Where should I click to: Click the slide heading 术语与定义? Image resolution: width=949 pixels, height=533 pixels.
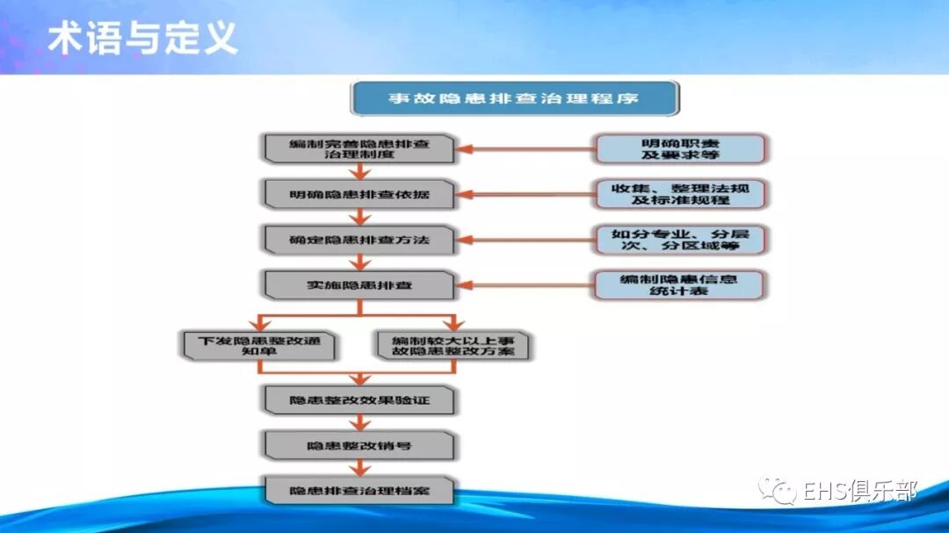coord(141,38)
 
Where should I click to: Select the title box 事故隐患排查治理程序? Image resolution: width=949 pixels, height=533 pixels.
coord(514,98)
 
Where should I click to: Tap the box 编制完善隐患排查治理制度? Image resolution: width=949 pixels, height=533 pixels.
coord(359,148)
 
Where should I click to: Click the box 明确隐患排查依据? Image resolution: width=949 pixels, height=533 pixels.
coord(359,194)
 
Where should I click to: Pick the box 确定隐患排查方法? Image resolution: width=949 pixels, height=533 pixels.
coord(359,240)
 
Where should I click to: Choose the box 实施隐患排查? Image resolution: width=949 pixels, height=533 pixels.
coord(359,285)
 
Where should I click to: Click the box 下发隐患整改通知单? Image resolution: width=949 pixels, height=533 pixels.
coord(258,345)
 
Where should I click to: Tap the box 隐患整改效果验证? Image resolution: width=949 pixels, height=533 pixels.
coord(359,400)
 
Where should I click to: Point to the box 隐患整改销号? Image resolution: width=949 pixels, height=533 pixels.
coord(359,446)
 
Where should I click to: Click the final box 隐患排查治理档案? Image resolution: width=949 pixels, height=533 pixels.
coord(359,491)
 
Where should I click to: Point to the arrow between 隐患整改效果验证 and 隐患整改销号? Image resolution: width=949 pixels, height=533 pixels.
coord(359,423)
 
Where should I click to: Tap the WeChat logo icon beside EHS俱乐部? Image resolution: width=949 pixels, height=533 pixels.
coord(779,490)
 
